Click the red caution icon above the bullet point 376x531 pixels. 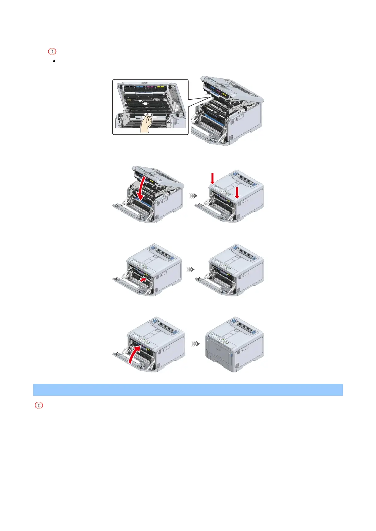[x=52, y=51]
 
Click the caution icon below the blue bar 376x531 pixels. [x=39, y=406]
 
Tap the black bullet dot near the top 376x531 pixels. [x=54, y=61]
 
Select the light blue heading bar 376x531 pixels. [x=188, y=389]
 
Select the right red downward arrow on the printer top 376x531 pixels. [x=237, y=193]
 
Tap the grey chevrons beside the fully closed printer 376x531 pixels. [x=196, y=343]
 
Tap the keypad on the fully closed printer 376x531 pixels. [x=224, y=341]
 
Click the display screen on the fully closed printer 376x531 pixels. [x=215, y=337]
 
